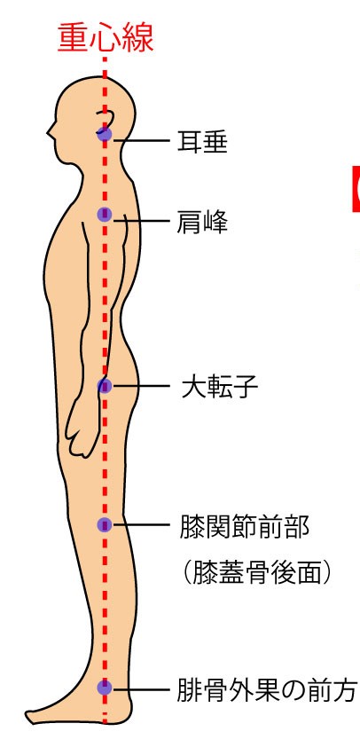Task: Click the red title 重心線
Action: coord(106,38)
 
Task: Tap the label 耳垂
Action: coord(202,142)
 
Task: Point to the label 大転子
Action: coord(220,387)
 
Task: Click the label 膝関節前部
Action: coord(244,526)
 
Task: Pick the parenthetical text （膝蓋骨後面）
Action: coord(257,573)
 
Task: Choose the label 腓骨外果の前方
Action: coord(267,690)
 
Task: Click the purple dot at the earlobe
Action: coord(105,135)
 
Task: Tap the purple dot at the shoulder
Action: coord(105,215)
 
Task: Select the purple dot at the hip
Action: coord(105,386)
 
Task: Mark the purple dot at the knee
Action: coord(105,524)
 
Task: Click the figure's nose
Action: coord(50,130)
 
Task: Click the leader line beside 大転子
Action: coord(140,386)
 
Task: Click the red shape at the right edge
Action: coord(356,188)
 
